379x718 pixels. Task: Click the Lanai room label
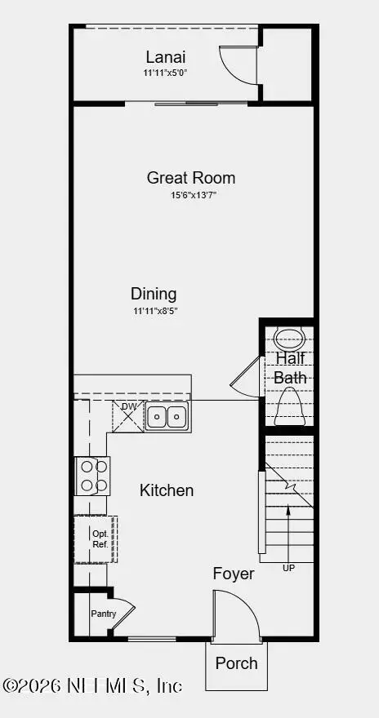tap(166, 57)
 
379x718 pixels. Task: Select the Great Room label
tap(191, 178)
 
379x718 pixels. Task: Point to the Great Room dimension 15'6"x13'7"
tap(193, 195)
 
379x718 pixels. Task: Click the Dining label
tap(154, 294)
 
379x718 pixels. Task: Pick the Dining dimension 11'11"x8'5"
tap(154, 311)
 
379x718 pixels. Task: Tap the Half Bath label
tap(290, 368)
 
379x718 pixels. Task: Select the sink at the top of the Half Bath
tap(288, 338)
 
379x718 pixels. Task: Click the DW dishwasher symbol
tap(128, 416)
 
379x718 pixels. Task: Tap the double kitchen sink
tap(167, 417)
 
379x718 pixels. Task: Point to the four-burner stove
tap(92, 476)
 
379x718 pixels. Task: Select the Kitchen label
tap(167, 490)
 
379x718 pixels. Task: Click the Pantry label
tap(103, 614)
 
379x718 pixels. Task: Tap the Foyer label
tap(234, 574)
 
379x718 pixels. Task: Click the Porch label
tap(236, 663)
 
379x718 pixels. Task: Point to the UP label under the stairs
tap(288, 568)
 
